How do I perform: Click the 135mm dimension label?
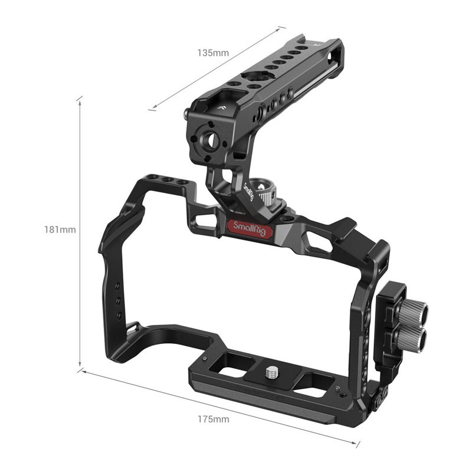(x=213, y=53)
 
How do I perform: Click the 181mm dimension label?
(x=60, y=230)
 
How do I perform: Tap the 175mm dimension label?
(x=214, y=419)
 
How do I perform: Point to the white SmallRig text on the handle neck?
(x=248, y=191)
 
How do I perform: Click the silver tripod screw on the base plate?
(x=272, y=373)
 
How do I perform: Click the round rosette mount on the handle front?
(x=207, y=139)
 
